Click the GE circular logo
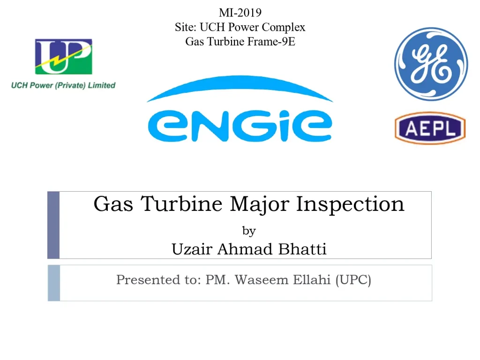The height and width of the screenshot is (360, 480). pos(431,64)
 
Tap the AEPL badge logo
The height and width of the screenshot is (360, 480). pos(430,128)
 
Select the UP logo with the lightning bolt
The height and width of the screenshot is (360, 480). pos(63,56)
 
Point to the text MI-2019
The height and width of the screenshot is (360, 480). pos(240,13)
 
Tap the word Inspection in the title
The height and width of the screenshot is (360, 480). pos(350,204)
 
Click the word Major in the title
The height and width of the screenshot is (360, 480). pos(260,204)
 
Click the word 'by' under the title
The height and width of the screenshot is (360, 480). pos(249,231)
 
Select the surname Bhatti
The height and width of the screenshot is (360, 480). pos(302,248)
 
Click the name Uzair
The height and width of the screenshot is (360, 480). pos(192,248)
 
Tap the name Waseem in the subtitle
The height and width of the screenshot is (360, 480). pos(262,279)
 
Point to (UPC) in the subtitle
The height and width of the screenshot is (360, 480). pos(353,280)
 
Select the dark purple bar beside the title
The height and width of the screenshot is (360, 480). pos(53,225)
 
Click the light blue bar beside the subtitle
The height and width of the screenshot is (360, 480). pos(54,283)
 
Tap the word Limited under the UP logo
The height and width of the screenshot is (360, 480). pos(102,85)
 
